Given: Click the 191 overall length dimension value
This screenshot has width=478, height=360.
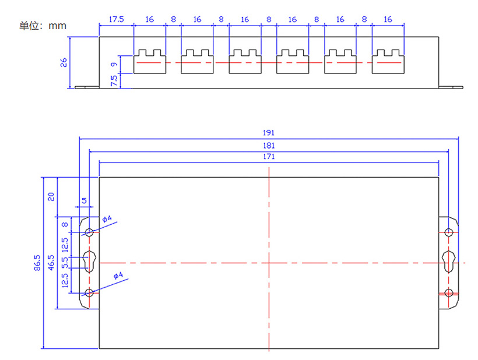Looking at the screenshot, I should [269, 133].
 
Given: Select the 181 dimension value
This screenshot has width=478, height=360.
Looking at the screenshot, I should [269, 145].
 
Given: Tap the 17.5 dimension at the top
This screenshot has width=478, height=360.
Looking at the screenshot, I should [116, 19].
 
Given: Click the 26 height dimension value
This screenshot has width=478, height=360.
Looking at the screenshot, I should [64, 62].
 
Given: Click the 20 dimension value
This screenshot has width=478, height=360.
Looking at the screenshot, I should [51, 196].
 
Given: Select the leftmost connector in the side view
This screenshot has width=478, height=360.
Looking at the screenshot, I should [150, 61].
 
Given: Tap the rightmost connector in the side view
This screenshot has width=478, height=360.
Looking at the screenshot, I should [388, 61].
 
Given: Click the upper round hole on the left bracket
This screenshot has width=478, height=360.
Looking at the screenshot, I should [89, 232].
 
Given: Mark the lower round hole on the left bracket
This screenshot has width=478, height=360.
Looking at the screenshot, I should [89, 293].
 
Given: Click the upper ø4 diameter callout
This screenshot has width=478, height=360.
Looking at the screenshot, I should [107, 220].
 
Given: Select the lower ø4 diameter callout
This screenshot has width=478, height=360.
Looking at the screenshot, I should [118, 276].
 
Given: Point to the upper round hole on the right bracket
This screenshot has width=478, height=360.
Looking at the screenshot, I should [448, 232].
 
